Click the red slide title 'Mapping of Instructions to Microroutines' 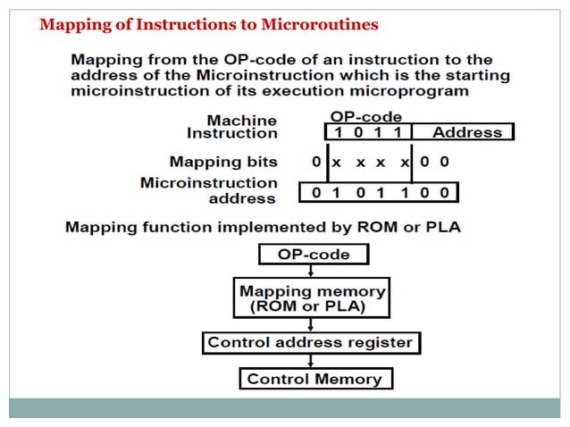209,24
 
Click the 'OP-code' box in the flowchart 313,255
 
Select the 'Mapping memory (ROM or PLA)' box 313,299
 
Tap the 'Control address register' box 310,342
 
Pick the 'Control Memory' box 314,379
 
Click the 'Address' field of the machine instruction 466,132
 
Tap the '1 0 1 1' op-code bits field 367,132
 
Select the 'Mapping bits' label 223,162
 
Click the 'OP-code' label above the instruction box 366,116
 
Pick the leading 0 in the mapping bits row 316,162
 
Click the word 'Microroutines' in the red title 326,24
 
